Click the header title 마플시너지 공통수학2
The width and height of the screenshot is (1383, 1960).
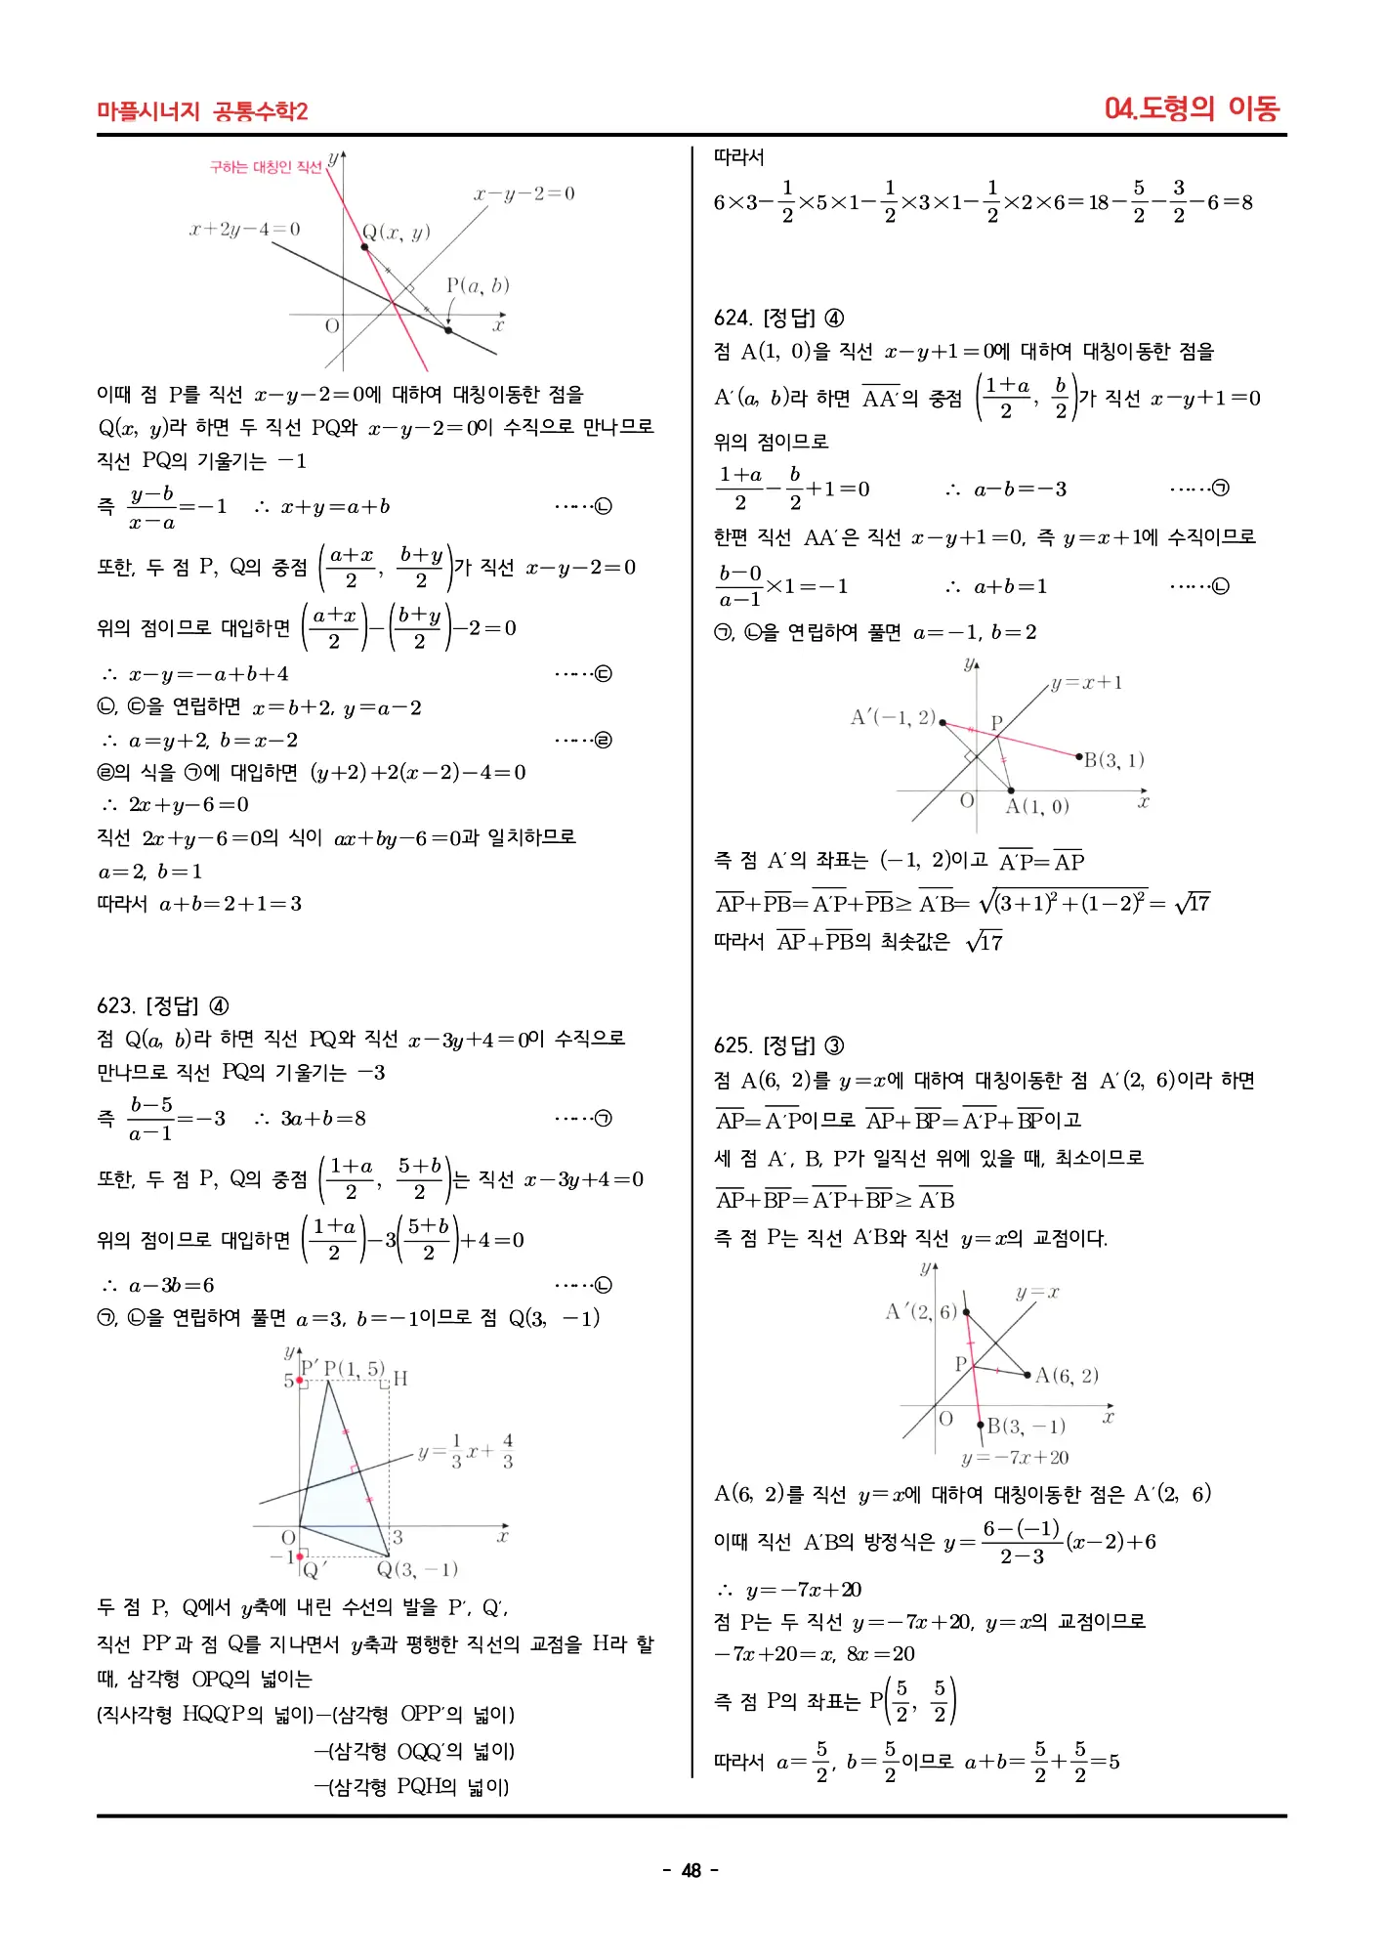click(202, 111)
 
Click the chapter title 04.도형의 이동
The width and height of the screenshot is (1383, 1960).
click(1191, 107)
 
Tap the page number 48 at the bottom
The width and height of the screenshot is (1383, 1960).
click(691, 1870)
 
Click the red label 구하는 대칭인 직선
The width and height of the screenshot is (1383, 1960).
click(265, 167)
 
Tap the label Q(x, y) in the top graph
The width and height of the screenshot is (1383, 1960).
click(396, 233)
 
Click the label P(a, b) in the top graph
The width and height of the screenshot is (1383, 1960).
click(478, 285)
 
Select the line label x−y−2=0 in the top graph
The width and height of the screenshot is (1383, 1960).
click(524, 193)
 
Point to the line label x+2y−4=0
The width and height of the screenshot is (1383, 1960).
click(244, 230)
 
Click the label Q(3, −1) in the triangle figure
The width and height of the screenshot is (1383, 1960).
click(417, 1569)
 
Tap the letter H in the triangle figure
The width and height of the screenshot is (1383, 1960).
click(400, 1379)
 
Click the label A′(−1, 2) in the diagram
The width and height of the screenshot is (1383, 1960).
click(893, 717)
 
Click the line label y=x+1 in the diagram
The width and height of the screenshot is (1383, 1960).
click(1086, 683)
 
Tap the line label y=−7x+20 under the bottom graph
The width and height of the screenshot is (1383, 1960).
click(1015, 1458)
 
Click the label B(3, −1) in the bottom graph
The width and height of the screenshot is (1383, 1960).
click(1026, 1426)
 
